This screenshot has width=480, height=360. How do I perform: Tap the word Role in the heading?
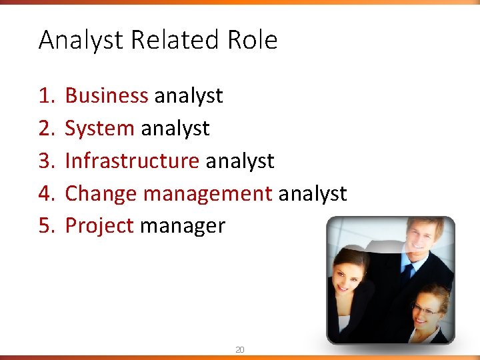pos(252,41)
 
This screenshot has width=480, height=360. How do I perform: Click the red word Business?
pos(107,96)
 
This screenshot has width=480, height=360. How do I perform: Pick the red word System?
pos(99,129)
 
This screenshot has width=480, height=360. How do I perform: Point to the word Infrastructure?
pos(132,161)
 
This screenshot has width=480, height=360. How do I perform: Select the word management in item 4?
pos(207,194)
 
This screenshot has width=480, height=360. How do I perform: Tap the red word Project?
pos(99,226)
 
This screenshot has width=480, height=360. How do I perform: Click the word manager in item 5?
pos(183,227)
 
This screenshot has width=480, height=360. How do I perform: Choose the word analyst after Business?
pos(189,97)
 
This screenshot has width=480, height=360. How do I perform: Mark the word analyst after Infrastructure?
pos(240,161)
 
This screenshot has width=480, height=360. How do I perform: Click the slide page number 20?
pos(239,349)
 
